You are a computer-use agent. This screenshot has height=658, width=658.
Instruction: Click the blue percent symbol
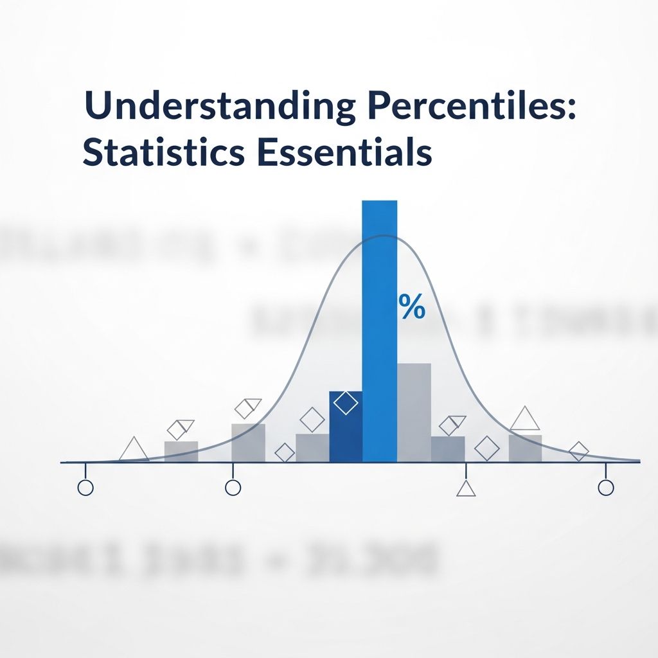[412, 308]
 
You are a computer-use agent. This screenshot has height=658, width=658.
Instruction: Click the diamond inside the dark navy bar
[346, 403]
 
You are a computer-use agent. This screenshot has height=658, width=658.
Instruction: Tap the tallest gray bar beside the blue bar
[414, 411]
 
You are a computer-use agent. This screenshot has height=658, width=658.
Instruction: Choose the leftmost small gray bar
[181, 451]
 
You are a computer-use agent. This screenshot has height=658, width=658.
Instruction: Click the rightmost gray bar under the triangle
[525, 448]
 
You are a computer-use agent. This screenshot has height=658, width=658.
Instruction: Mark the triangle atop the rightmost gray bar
[525, 420]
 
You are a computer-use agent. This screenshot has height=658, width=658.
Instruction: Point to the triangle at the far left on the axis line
[134, 450]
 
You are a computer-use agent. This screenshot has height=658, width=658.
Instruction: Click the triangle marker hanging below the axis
[466, 488]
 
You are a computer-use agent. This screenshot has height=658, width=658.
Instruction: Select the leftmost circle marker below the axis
[85, 488]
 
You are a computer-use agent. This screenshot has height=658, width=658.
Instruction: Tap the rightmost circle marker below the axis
[605, 488]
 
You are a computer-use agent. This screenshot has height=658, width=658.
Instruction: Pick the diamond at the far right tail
[579, 451]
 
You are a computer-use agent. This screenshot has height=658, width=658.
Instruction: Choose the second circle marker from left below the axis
[233, 488]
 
